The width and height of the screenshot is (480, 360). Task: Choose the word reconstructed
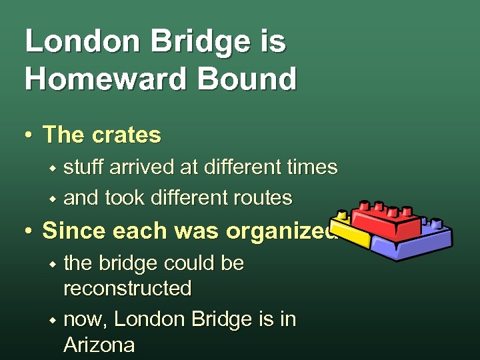point(127,289)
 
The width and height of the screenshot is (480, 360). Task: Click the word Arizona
point(99,345)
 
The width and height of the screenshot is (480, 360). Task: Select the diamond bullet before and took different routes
point(52,199)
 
